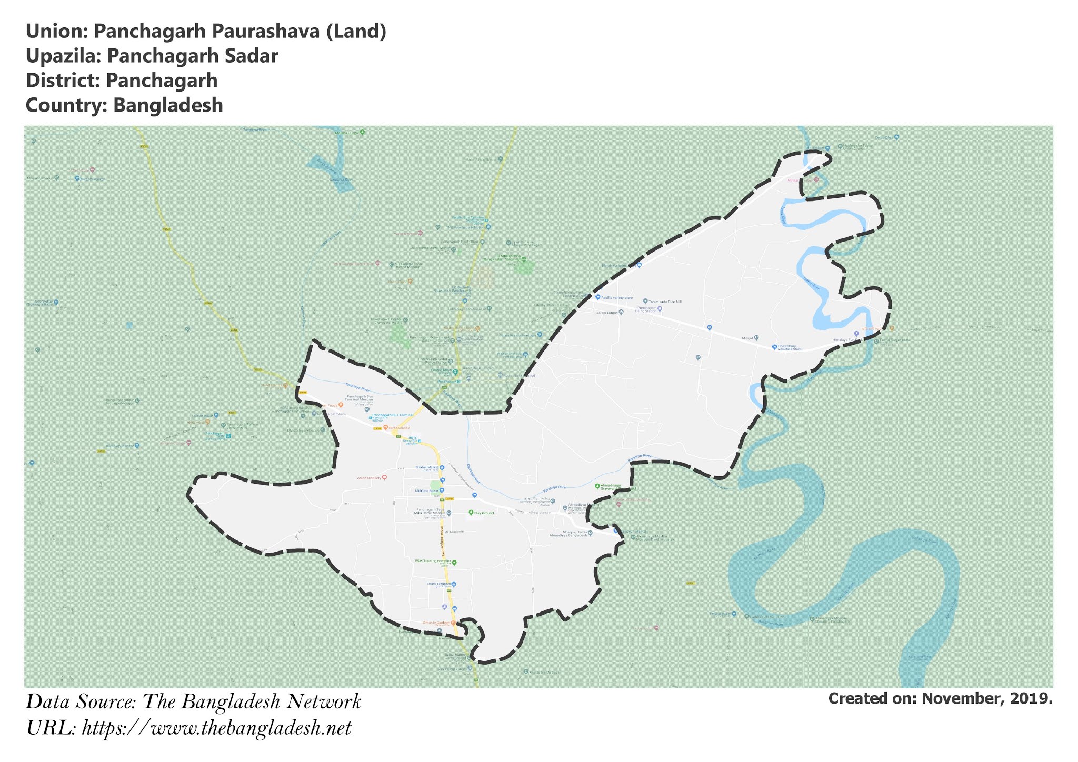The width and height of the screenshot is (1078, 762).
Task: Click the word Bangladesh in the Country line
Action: point(168,105)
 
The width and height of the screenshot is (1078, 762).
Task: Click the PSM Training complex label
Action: point(433,562)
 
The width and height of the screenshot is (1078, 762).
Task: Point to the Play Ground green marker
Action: point(471,512)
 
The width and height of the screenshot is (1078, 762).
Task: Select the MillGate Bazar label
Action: point(426,490)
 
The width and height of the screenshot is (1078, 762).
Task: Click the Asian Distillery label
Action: point(368,478)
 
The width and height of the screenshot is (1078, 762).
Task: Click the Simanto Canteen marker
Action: point(453,623)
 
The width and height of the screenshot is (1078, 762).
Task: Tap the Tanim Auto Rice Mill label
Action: point(665,302)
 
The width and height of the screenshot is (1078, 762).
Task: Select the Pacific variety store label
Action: point(616,298)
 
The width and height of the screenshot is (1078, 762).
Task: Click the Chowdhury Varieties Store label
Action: point(790,347)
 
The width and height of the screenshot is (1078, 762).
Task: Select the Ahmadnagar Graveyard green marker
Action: point(597,486)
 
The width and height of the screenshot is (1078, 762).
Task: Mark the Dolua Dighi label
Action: point(886,137)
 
